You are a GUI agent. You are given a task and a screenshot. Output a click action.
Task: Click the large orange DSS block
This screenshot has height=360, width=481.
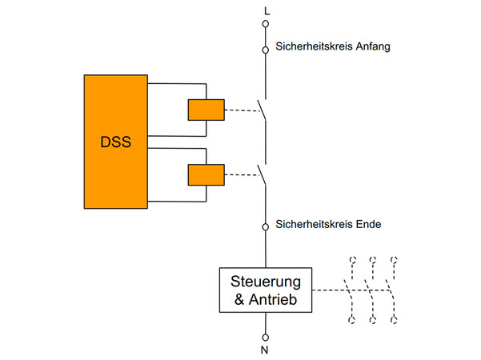point(115,142)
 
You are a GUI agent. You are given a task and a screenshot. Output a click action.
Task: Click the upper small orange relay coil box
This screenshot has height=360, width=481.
point(206,109)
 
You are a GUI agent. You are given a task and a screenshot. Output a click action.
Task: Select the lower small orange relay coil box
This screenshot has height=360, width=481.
point(206,174)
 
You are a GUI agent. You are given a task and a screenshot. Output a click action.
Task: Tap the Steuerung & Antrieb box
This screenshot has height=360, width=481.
point(266,290)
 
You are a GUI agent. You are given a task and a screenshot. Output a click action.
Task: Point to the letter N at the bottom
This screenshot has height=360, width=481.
point(266,350)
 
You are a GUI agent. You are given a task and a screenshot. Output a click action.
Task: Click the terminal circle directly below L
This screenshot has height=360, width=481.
point(266,25)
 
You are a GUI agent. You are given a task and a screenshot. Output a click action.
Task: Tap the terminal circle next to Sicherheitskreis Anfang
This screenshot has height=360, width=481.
point(266,50)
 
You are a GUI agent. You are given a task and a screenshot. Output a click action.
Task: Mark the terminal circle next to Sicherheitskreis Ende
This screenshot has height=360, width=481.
point(266,226)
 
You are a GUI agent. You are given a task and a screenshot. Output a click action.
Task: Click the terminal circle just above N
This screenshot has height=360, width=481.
point(266,336)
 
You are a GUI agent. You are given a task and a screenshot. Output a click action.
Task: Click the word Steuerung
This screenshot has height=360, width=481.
point(266,282)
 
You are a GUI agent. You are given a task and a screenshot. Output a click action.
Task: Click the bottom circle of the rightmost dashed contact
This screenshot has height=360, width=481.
point(393,321)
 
